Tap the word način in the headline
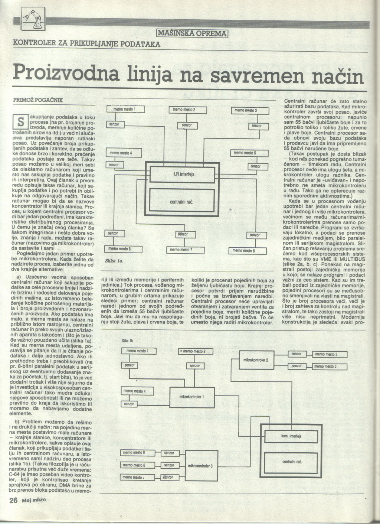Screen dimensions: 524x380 point(335,76)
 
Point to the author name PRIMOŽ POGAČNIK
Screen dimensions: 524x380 point(38,100)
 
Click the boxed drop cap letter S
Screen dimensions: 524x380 point(21,121)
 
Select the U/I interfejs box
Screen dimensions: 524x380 point(181,174)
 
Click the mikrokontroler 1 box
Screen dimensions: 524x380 point(191,397)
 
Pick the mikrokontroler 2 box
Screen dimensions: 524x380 point(256,360)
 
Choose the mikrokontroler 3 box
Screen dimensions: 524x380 point(200,465)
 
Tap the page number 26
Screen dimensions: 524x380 point(13,500)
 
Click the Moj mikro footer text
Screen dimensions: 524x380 point(34,500)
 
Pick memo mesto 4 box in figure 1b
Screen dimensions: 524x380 point(135,391)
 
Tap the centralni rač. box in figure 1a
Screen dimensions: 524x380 point(181,202)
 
